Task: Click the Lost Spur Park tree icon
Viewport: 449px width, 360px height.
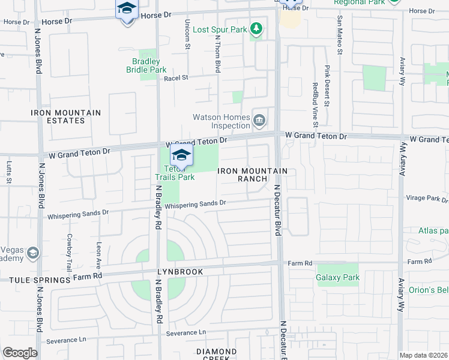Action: click(256, 29)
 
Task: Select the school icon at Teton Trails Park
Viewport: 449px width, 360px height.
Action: click(181, 155)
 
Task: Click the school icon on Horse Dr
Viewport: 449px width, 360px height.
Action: click(127, 8)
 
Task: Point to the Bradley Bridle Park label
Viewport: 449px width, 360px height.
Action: click(146, 65)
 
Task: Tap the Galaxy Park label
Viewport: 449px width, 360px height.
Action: click(337, 278)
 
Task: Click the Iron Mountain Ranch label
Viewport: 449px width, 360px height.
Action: click(252, 175)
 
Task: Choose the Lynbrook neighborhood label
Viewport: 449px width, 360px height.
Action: click(181, 272)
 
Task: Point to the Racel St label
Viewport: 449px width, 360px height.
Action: click(176, 78)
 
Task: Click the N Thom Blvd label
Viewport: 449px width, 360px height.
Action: click(218, 53)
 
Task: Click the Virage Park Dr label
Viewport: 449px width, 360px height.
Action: click(423, 197)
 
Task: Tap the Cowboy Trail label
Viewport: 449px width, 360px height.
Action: click(70, 252)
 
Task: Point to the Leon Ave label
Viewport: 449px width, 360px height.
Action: click(98, 256)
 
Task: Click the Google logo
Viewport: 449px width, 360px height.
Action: click(20, 353)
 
